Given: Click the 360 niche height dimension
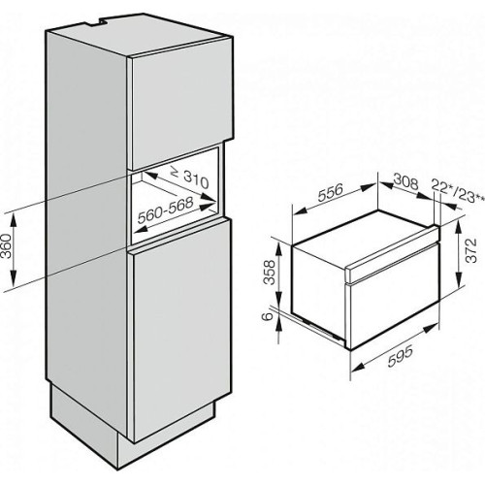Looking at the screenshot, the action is (x=7, y=246).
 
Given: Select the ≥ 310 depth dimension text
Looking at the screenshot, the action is (x=190, y=178).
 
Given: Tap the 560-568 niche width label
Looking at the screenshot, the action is (x=165, y=210).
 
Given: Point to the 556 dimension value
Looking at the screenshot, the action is (x=330, y=192).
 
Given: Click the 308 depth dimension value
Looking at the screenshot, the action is (x=405, y=182).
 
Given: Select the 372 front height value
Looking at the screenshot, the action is (x=471, y=250).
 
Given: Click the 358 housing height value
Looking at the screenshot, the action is (x=270, y=273).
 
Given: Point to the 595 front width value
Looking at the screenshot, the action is (x=401, y=356).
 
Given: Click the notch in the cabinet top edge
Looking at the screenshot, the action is (x=98, y=21).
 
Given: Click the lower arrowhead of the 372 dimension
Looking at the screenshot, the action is (x=458, y=279).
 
